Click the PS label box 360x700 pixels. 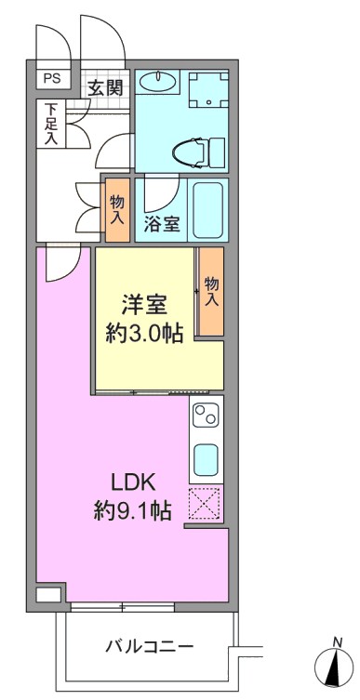(53, 79)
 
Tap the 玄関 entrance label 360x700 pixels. (104, 88)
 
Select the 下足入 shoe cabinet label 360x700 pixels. (51, 124)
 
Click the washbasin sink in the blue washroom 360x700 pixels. (156, 82)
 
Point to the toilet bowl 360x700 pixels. (190, 152)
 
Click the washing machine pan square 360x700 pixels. (208, 89)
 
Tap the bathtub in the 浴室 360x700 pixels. (207, 209)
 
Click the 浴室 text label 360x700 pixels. (161, 225)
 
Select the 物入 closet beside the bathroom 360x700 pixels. (117, 210)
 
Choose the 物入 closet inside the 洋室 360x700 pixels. (211, 292)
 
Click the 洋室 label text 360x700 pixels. (145, 306)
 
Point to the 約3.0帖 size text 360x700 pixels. (145, 333)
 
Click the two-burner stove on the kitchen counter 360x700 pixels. (206, 416)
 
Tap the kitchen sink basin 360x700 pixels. (206, 460)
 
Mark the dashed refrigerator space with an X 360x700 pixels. (205, 504)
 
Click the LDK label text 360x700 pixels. (133, 483)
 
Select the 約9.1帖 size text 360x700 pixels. (133, 509)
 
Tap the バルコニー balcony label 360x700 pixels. (149, 645)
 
